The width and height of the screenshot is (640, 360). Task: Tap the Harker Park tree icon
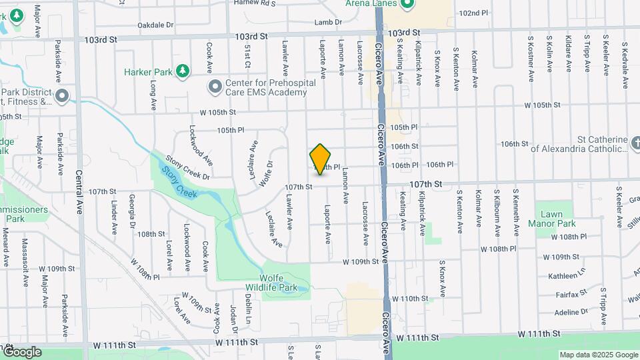(x=182, y=71)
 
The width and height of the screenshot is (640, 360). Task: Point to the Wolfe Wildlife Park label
(x=287, y=283)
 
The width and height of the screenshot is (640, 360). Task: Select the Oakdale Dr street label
(x=155, y=25)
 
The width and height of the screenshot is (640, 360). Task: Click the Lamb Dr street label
(x=328, y=22)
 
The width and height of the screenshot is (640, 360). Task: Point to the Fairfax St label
(x=571, y=293)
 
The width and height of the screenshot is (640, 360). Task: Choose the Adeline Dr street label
(x=571, y=311)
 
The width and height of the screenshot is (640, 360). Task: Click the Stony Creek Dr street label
(x=188, y=168)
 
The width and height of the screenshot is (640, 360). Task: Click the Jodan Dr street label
(x=233, y=319)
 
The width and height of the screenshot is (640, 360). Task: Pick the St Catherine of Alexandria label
(x=579, y=145)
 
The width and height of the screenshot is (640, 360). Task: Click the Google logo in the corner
(x=22, y=352)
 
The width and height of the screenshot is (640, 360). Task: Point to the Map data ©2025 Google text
(x=598, y=355)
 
